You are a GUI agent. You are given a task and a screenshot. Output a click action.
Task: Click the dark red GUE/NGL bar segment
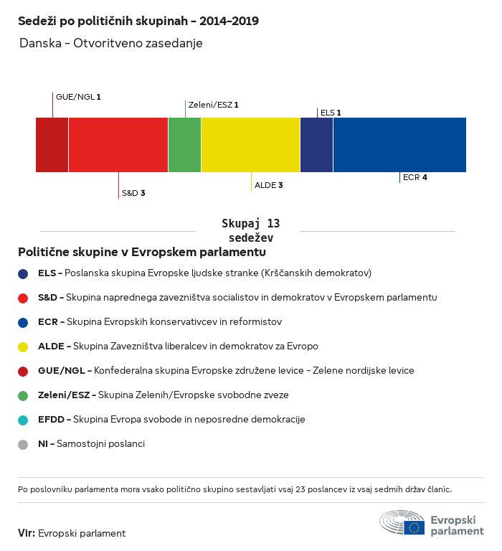coord(52,145)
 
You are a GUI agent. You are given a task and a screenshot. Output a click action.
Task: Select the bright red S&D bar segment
coord(118,145)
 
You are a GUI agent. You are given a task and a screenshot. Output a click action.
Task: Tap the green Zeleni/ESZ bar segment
coord(184,145)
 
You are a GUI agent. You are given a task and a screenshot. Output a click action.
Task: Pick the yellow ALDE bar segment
coord(250,145)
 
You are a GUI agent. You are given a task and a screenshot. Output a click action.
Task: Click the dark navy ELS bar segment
coord(316,145)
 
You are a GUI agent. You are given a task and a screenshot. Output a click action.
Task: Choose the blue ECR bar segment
coord(399,145)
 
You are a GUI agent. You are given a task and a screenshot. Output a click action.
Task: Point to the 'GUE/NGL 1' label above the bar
coord(78,97)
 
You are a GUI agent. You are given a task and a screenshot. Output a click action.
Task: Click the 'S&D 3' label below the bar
coord(133,193)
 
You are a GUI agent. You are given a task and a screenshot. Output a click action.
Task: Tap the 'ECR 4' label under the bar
coord(415,177)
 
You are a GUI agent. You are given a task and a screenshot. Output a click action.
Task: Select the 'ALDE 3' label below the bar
coord(269,185)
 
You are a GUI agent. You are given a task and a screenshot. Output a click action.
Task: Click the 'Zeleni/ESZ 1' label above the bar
coord(214,105)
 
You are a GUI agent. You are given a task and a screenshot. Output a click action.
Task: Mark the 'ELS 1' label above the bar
coord(331,113)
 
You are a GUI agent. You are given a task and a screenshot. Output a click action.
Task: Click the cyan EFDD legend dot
coord(23,420)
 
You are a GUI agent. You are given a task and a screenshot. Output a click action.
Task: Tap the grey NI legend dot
coord(23,445)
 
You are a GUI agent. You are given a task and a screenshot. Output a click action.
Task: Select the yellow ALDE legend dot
coord(23,347)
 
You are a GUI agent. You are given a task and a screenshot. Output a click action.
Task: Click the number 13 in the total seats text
coord(273,224)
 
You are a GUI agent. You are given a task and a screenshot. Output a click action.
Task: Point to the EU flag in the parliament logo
coord(414,527)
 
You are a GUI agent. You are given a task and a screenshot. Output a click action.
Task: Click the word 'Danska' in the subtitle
coord(40,43)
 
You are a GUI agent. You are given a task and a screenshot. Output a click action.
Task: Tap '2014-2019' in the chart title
coord(229,21)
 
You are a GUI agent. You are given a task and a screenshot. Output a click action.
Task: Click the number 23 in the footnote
coord(300,489)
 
